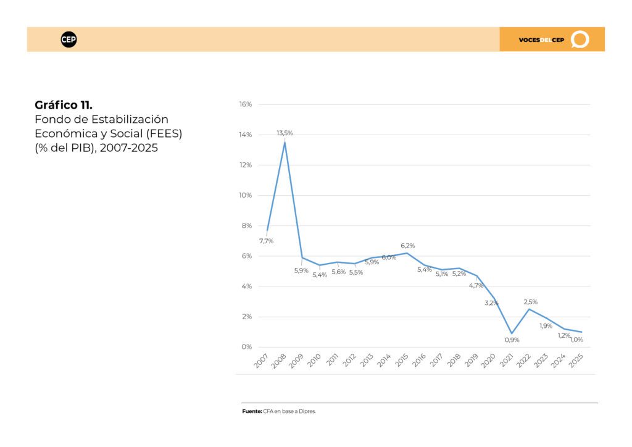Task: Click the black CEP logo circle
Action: click(69, 40)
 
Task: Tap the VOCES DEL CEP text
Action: click(541, 40)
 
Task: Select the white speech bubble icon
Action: click(580, 40)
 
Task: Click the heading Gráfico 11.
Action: click(64, 105)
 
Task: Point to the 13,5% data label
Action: click(285, 133)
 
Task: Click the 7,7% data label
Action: click(266, 241)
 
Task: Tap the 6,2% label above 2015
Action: click(407, 246)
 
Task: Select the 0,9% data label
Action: click(512, 340)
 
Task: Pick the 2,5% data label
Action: click(530, 302)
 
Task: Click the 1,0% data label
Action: click(577, 340)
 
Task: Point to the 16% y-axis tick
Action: click(246, 104)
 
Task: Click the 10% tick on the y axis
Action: click(246, 195)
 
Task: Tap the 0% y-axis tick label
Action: click(247, 346)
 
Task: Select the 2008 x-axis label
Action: click(278, 361)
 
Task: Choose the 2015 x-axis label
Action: click(402, 361)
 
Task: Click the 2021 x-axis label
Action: click(506, 361)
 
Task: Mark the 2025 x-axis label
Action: click(576, 361)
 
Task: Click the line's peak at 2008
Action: click(285, 142)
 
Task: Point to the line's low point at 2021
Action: click(512, 333)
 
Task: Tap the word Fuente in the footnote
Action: click(252, 412)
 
